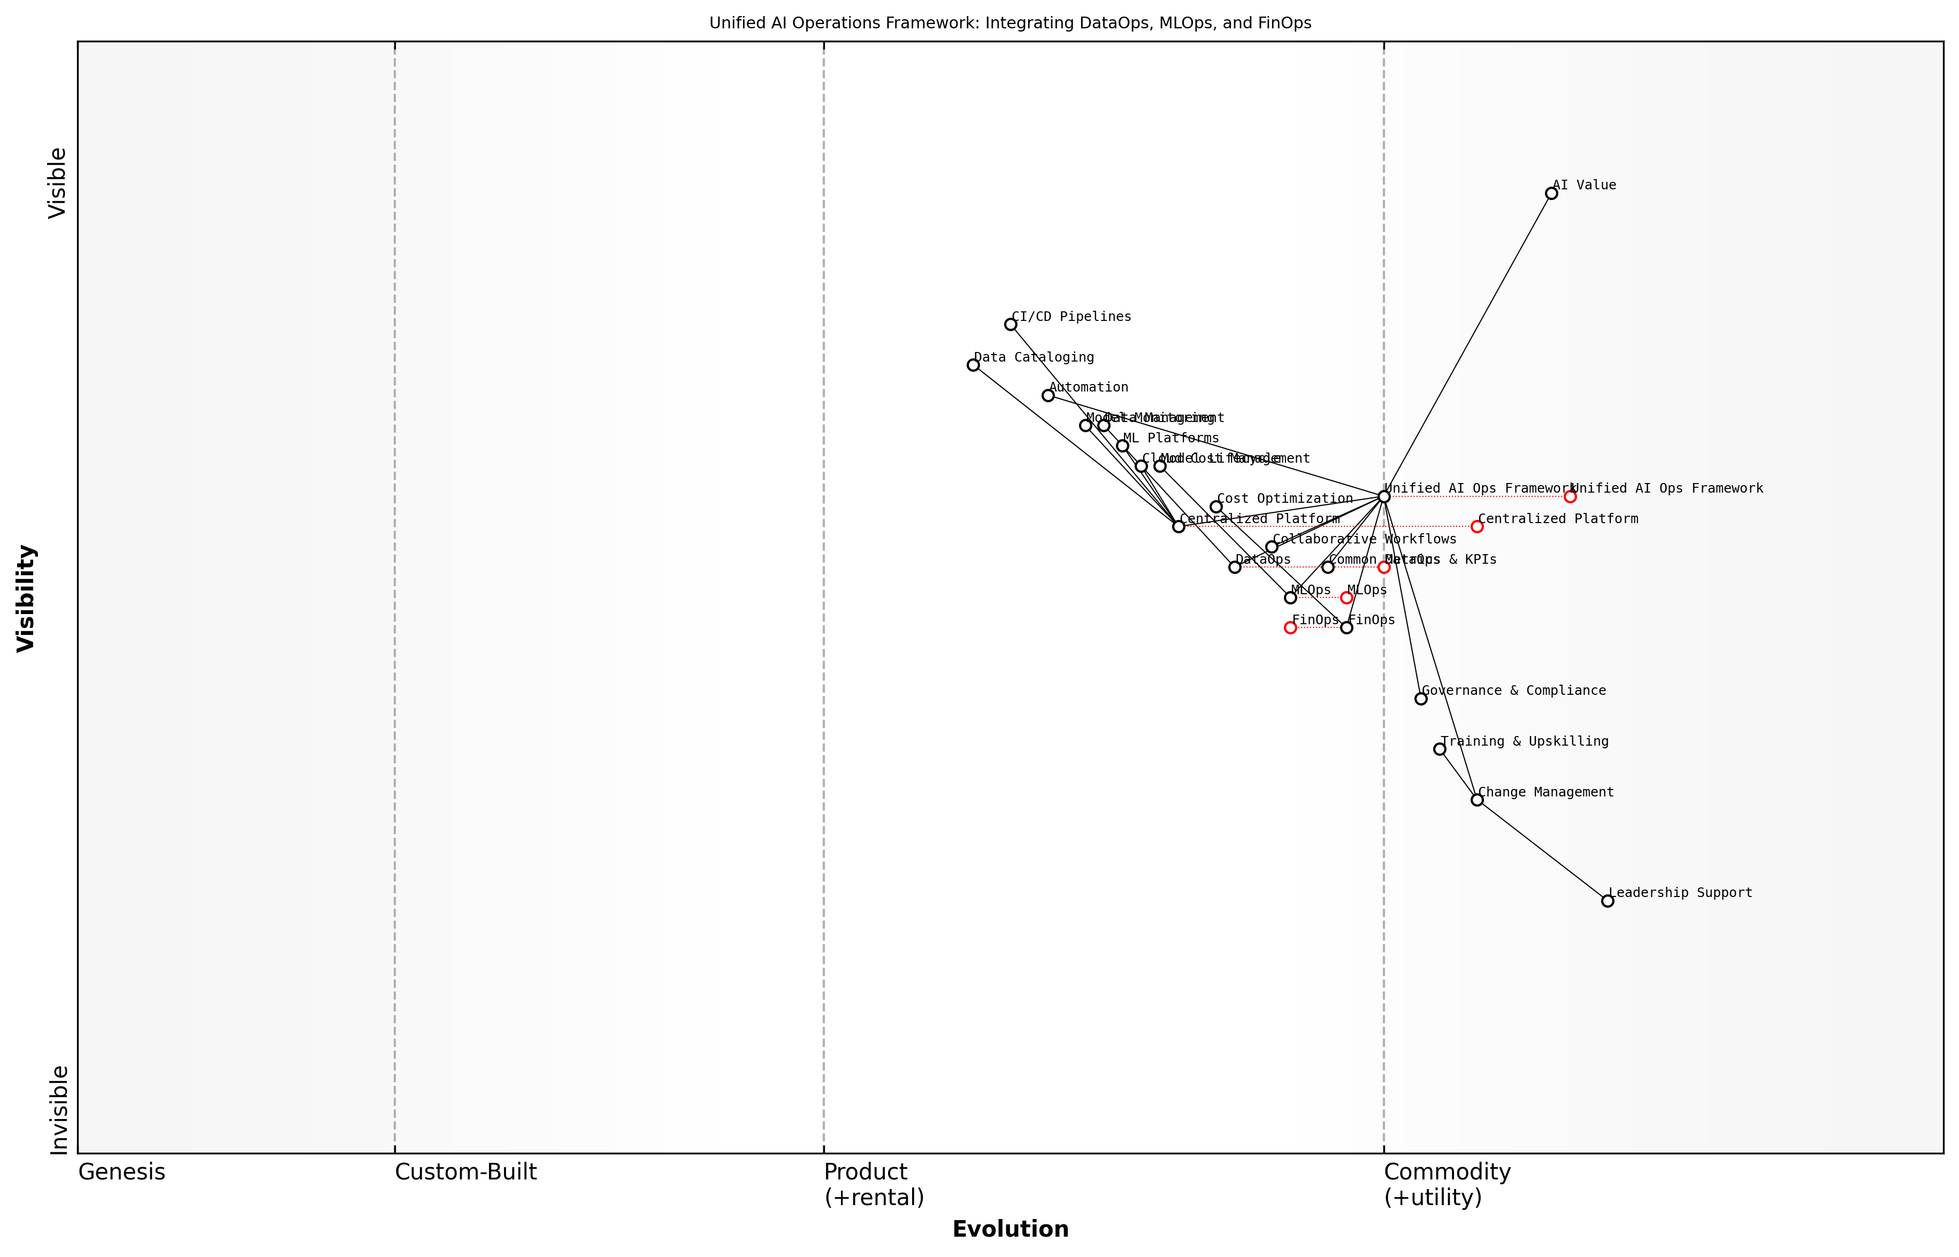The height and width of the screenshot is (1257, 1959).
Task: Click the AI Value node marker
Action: [1551, 194]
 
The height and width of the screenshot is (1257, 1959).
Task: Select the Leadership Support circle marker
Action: [1607, 901]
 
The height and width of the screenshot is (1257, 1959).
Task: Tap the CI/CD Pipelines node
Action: [1011, 324]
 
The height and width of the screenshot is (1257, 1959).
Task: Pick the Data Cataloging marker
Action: [973, 365]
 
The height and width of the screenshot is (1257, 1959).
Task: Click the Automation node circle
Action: [1048, 395]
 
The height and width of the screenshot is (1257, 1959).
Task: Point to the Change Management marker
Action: [1476, 800]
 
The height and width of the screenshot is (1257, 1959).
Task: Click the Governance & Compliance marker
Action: [1421, 699]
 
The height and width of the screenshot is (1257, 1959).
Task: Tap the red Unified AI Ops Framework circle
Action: [1570, 496]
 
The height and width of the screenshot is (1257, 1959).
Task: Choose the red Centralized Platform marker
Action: [1476, 526]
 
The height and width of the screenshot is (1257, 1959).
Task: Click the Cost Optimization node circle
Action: [1216, 507]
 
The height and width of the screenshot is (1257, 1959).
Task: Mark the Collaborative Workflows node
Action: [1272, 547]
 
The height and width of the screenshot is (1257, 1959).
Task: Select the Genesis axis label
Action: [121, 1172]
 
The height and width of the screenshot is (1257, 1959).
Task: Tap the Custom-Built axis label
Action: [465, 1172]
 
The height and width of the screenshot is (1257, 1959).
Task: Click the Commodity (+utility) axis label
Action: [1447, 1184]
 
